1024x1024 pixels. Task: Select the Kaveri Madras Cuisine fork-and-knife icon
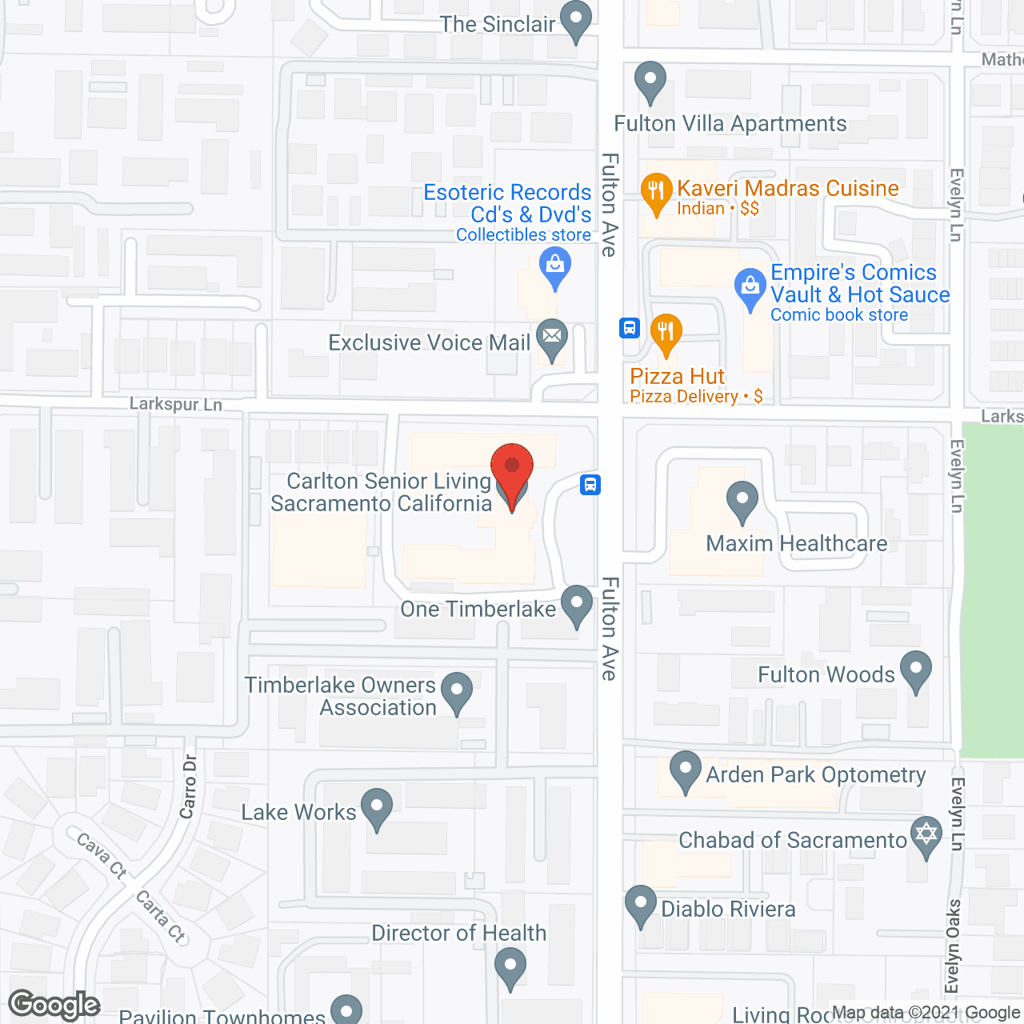click(x=656, y=192)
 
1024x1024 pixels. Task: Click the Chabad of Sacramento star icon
click(x=926, y=835)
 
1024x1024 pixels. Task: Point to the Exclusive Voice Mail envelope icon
click(x=551, y=337)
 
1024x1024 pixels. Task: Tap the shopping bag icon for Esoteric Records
click(x=554, y=265)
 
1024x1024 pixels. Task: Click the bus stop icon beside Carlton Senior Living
click(x=590, y=484)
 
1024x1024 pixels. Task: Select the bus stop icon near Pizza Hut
click(x=630, y=327)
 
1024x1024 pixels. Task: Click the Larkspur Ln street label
click(x=176, y=404)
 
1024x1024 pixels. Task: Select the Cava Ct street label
click(x=102, y=855)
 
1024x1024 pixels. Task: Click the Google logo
click(x=54, y=1005)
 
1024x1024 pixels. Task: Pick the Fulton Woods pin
click(x=916, y=670)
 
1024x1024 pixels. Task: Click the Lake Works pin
click(x=376, y=807)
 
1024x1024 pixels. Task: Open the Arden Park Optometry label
click(x=815, y=774)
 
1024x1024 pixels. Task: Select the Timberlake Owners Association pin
click(x=457, y=691)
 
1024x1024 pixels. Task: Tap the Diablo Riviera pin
click(x=640, y=904)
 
